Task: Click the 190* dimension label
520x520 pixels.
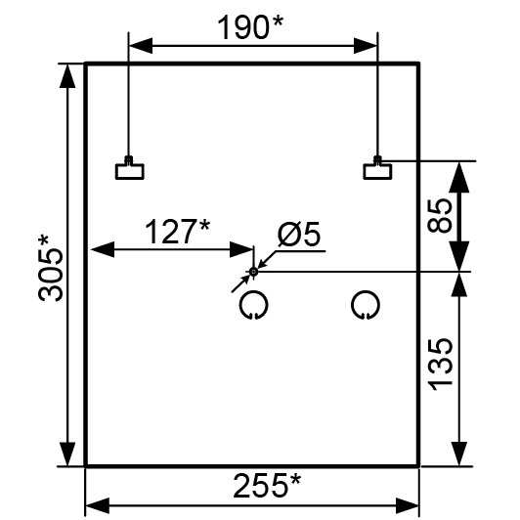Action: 250,27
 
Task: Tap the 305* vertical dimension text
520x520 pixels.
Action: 51,268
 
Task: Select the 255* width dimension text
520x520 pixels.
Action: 267,486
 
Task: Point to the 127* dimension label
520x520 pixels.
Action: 178,231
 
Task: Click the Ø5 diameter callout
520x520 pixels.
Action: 299,234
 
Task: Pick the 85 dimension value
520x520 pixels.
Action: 440,216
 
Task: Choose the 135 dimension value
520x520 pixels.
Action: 440,364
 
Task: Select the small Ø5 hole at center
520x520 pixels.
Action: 254,272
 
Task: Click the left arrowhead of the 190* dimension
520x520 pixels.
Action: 141,46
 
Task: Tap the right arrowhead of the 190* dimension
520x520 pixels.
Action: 366,46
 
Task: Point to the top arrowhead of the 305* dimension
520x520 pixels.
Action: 67,76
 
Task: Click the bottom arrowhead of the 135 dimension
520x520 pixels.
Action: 459,454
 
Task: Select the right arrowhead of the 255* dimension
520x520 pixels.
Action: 408,505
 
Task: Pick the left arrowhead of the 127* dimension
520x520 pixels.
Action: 103,249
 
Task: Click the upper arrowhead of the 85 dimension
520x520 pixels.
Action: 459,177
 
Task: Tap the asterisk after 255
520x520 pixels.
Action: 295,480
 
